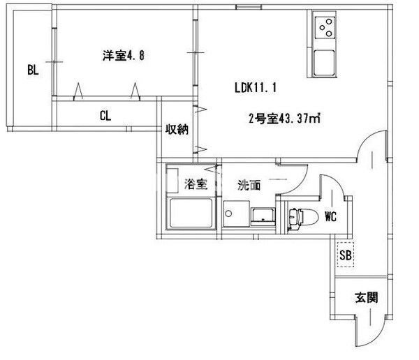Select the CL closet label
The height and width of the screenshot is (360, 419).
tap(105, 116)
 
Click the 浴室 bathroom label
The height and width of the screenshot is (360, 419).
tap(196, 184)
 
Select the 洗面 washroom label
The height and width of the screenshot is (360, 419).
tap(249, 185)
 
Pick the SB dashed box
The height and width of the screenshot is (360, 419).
tap(345, 255)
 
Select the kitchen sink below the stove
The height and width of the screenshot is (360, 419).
tap(325, 63)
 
